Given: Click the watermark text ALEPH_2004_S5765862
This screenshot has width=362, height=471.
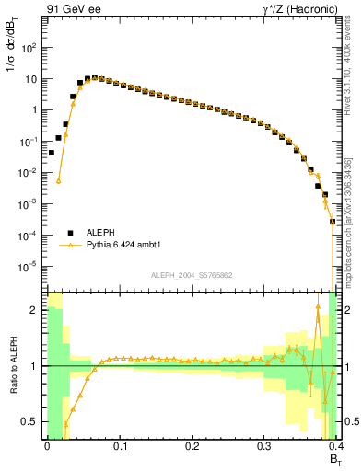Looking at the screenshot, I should pyautogui.click(x=191, y=275).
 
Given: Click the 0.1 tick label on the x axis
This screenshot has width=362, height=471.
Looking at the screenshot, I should pyautogui.click(x=119, y=446).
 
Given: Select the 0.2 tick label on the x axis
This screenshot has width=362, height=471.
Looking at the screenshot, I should pyautogui.click(x=192, y=446).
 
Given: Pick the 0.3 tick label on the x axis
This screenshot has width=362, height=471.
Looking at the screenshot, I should pyautogui.click(x=264, y=446).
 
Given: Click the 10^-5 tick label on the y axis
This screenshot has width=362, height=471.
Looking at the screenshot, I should pyautogui.click(x=29, y=267).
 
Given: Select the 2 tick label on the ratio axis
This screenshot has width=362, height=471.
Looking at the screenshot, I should pyautogui.click(x=35, y=311).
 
